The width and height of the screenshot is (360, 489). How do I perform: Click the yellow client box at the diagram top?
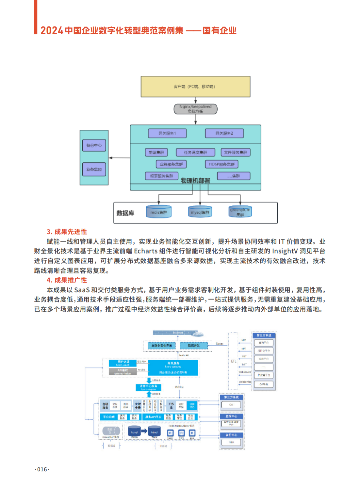tap(195, 86)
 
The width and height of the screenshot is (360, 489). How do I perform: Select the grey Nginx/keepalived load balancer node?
tap(195, 109)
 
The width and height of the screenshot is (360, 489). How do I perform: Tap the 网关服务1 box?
tap(167, 133)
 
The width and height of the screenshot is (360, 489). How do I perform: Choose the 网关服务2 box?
tap(224, 133)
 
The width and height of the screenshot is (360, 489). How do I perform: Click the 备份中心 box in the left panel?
tap(94, 145)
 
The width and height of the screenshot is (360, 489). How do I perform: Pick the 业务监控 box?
tap(94, 169)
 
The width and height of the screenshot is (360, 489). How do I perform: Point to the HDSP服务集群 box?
tap(221, 164)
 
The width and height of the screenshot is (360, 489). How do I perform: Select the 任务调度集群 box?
tap(195, 152)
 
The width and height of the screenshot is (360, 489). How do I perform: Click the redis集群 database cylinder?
tap(158, 212)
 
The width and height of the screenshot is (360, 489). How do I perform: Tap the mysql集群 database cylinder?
tap(200, 212)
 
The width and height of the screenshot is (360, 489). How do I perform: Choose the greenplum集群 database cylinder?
tap(240, 211)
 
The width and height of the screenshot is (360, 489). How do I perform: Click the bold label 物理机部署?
tap(195, 180)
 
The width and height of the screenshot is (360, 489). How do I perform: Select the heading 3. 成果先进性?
tap(67, 232)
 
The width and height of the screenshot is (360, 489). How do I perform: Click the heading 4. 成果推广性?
tap(67, 280)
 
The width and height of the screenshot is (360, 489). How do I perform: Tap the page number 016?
tap(42, 469)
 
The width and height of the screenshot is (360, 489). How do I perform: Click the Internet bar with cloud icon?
tap(178, 333)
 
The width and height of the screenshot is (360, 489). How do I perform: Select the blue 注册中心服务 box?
tap(149, 387)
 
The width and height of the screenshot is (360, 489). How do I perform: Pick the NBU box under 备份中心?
tap(231, 442)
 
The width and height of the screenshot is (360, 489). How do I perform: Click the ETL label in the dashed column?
tap(233, 361)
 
